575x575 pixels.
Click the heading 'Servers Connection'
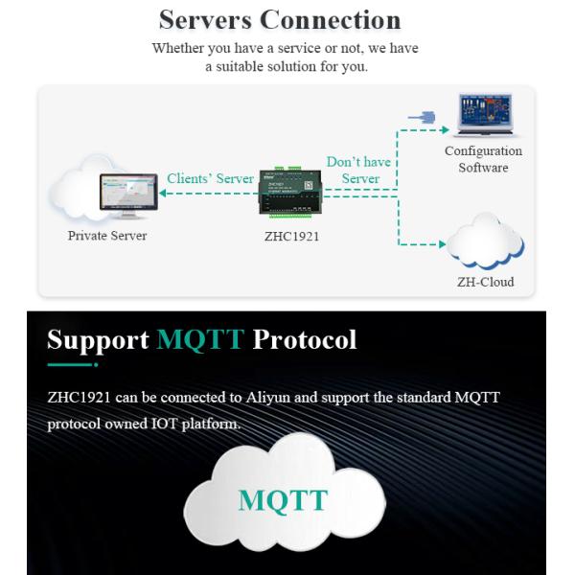tap(279, 20)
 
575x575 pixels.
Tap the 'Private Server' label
tap(107, 236)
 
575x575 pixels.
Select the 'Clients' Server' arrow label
tap(210, 178)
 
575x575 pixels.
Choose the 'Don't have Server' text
tap(359, 170)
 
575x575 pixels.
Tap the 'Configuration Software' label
tap(483, 159)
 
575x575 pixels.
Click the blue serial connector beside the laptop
tap(422, 117)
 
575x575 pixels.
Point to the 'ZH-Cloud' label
tap(485, 282)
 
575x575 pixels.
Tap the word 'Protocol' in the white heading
tap(304, 339)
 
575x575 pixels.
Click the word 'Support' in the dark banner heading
tap(98, 339)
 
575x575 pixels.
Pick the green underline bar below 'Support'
tap(72, 364)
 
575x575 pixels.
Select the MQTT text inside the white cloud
tap(283, 500)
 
